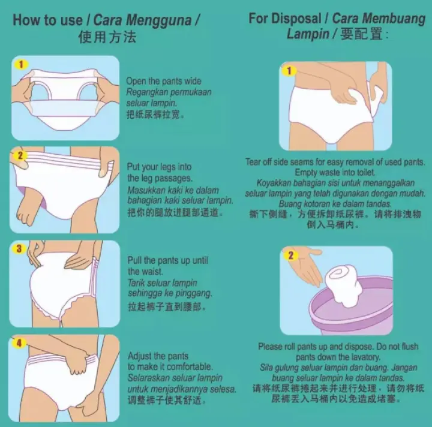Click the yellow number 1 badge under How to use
(x=21, y=64)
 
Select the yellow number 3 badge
(x=19, y=248)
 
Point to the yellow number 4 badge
(x=19, y=343)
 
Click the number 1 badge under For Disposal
(x=290, y=71)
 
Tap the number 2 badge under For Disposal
(x=291, y=255)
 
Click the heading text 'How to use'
(x=48, y=19)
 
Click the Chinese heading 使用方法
(x=107, y=37)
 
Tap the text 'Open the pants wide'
(x=164, y=81)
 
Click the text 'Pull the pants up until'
(x=167, y=260)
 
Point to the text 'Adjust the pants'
(x=158, y=356)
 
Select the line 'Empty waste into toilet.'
(x=335, y=172)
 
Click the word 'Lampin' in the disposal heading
(x=308, y=34)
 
